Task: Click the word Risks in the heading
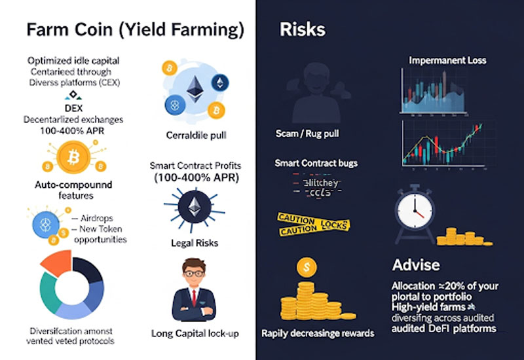click(x=302, y=29)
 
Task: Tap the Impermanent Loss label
click(x=447, y=61)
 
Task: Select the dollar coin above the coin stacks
click(x=306, y=267)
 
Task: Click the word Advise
click(x=416, y=265)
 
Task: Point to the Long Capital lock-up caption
click(x=195, y=333)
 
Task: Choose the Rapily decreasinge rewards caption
click(x=318, y=333)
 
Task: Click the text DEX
click(x=73, y=107)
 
